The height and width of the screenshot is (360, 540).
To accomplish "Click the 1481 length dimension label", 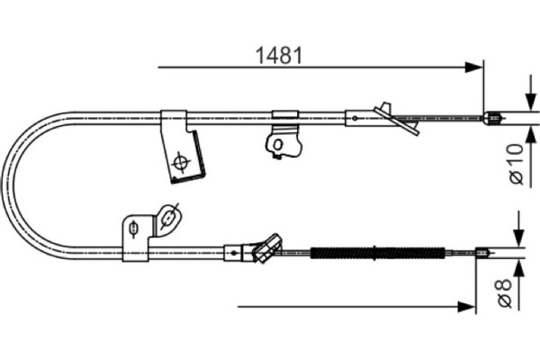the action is tap(279, 55).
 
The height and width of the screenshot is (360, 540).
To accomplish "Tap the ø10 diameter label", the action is tap(517, 165).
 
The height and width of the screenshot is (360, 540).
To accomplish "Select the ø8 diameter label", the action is tap(504, 293).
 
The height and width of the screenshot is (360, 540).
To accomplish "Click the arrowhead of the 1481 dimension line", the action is tap(473, 67).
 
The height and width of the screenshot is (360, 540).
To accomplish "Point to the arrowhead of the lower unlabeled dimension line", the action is tap(466, 306).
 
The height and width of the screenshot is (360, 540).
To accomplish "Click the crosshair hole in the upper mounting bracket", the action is tap(180, 162).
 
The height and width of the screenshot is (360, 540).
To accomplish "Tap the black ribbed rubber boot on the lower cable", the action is tap(378, 253).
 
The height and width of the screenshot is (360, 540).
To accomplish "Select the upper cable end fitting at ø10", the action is tap(492, 118).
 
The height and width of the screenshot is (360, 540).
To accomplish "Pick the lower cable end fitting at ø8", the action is tap(481, 253).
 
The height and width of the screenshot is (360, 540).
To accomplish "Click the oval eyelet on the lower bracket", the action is tap(168, 218).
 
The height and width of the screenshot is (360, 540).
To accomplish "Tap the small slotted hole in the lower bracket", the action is tap(132, 228).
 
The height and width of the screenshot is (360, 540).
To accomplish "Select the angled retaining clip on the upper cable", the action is tap(397, 119).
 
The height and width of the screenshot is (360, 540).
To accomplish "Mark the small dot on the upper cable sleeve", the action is tap(355, 118).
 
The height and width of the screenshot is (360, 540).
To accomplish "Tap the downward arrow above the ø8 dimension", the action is tap(518, 229).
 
